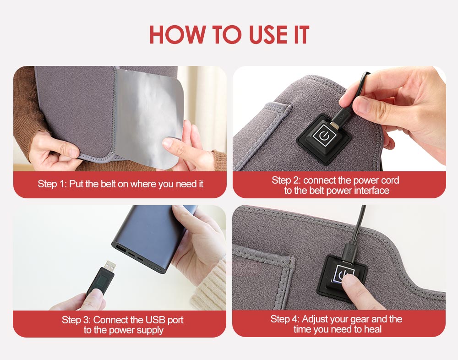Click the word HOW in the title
(176, 35)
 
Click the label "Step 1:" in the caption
(52, 184)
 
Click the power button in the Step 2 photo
(324, 136)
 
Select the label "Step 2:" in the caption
(286, 180)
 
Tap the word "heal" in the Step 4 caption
(371, 329)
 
